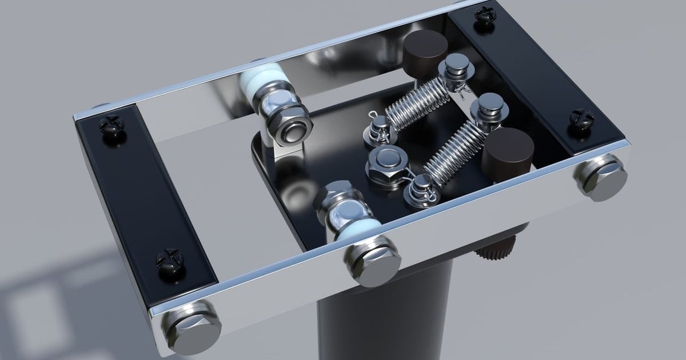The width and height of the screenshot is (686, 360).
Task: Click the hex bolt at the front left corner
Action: (191, 326)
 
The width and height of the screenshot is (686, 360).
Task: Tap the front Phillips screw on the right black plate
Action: (581, 118)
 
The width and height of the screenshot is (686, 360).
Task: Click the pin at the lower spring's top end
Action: (489, 110)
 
